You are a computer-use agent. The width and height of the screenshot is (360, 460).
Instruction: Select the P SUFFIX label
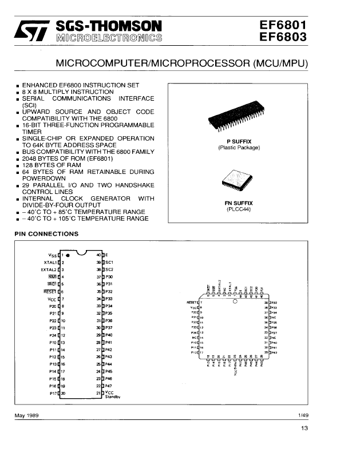point(239,141)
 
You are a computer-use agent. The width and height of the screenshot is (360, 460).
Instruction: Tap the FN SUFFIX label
point(239,203)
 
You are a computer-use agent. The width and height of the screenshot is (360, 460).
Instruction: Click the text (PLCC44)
point(239,209)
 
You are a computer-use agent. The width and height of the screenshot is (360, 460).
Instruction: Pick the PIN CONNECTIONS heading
point(46,234)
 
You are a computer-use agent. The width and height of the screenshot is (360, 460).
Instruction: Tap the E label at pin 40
point(106,254)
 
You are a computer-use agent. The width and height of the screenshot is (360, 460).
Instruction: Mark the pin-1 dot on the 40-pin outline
point(68,255)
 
